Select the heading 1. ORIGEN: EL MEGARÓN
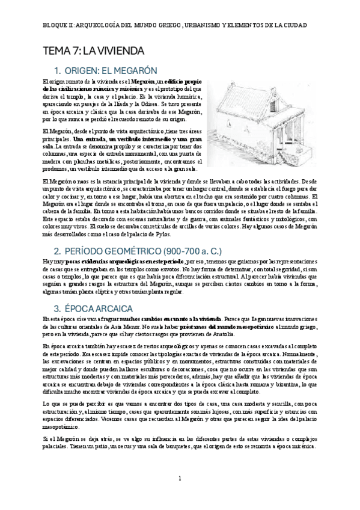(105, 70)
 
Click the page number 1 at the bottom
(180, 479)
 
